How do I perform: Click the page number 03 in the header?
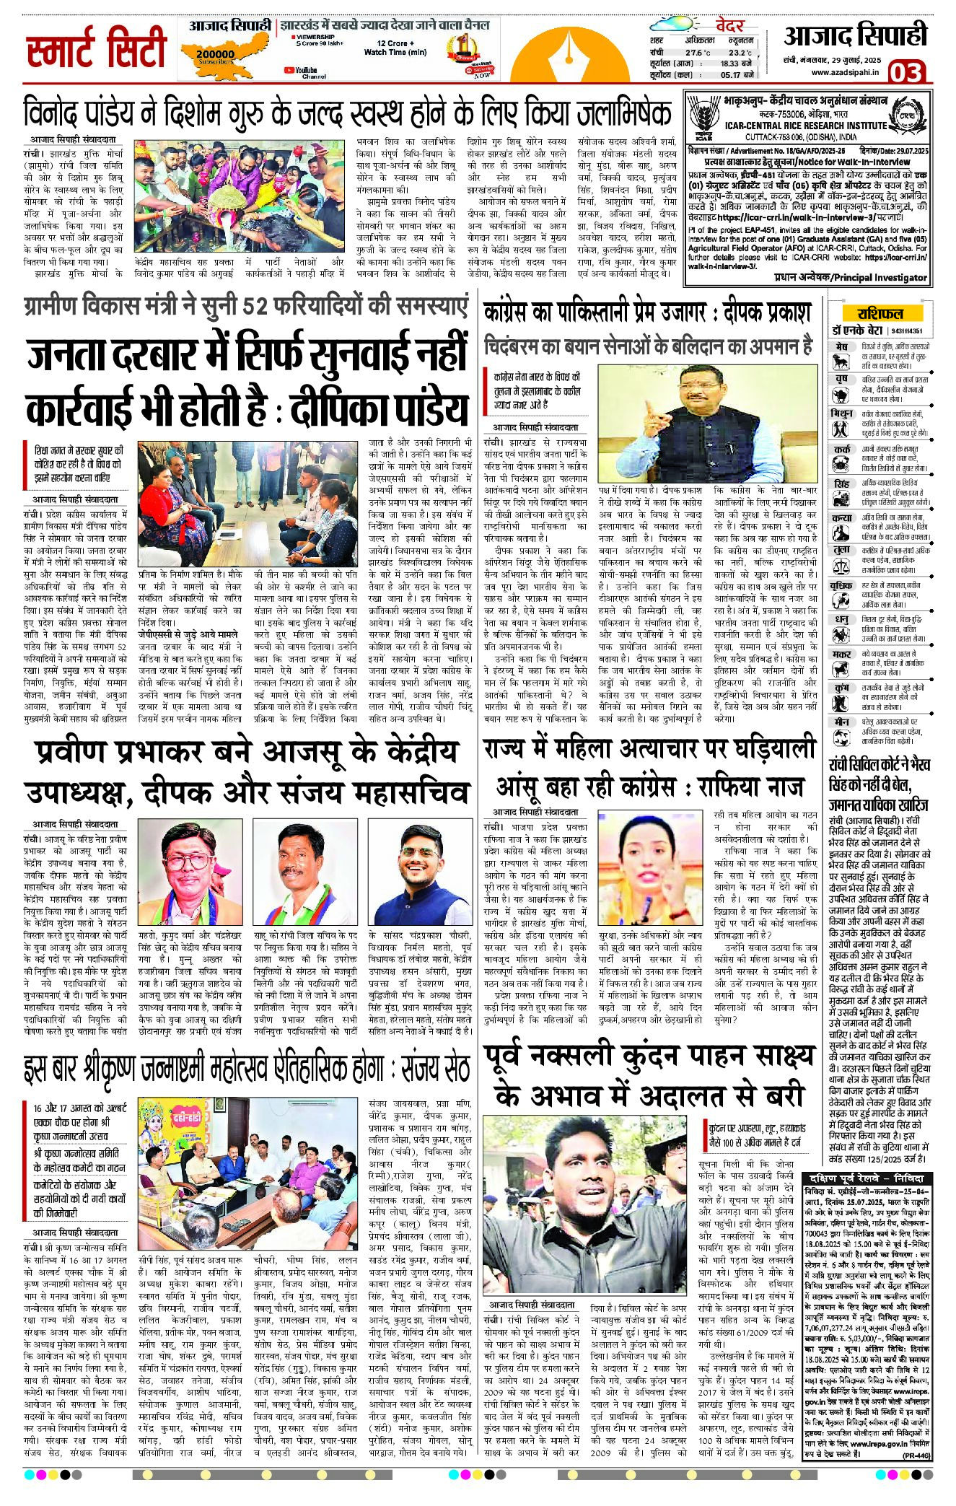[906, 72]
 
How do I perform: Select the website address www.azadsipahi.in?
[844, 72]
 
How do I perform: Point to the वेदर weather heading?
[729, 26]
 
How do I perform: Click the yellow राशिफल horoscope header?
[880, 314]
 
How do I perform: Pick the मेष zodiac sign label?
[841, 348]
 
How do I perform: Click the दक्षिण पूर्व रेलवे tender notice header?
[874, 1178]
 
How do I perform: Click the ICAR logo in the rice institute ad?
[700, 117]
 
